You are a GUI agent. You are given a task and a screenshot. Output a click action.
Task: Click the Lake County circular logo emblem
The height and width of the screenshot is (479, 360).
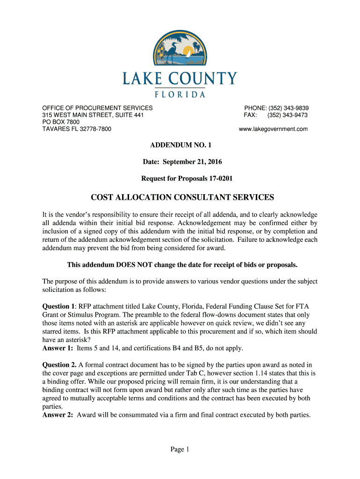click(180, 48)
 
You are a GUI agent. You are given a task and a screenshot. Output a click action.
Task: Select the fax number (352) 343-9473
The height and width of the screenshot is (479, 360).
click(287, 115)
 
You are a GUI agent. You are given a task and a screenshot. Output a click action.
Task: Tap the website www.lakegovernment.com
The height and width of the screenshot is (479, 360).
click(273, 129)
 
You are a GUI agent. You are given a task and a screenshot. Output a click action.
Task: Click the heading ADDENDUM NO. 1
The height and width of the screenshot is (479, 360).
click(180, 146)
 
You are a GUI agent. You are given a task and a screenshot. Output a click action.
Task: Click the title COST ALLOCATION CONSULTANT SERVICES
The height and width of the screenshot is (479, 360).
click(180, 197)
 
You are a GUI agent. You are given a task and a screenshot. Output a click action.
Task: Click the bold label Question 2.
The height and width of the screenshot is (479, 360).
click(59, 365)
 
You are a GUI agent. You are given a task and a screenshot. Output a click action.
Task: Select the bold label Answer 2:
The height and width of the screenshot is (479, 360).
click(58, 414)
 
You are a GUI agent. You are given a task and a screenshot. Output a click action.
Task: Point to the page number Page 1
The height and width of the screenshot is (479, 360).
click(180, 450)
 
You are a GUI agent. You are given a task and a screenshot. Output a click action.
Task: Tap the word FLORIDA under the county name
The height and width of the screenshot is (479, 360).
click(180, 94)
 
